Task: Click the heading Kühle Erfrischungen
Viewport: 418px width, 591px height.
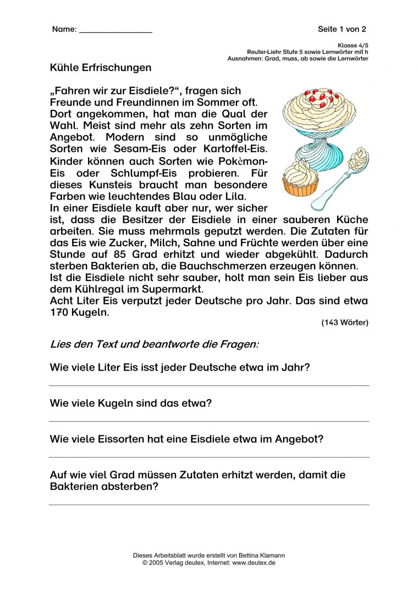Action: click(x=100, y=68)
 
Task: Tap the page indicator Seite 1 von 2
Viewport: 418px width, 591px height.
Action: click(x=342, y=29)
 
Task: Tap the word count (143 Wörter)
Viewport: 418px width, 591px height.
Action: click(x=345, y=323)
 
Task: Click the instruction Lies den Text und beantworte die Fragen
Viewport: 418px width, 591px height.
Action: click(x=154, y=345)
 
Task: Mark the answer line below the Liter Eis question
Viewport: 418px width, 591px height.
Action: click(x=209, y=385)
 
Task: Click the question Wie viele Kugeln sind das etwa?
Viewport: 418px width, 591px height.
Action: click(x=131, y=403)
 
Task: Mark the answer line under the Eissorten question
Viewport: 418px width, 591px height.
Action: click(x=209, y=457)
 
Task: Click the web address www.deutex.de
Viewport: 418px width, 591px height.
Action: click(x=254, y=563)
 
